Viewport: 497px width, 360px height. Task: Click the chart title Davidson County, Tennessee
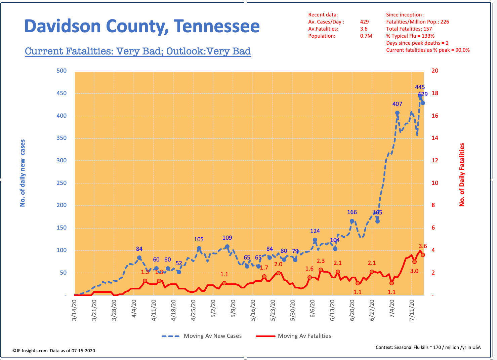point(142,27)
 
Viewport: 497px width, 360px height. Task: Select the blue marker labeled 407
point(397,113)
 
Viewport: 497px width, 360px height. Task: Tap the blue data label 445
point(420,87)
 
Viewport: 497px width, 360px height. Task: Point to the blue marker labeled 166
point(352,221)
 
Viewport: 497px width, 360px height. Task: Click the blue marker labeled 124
point(315,240)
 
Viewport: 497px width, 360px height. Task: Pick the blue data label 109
point(227,238)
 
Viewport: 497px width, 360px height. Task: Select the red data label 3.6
point(423,246)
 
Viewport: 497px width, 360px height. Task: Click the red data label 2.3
point(321,261)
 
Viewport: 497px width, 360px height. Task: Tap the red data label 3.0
point(414,271)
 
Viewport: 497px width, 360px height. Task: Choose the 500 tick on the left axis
point(61,71)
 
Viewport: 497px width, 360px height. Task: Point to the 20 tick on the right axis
point(435,71)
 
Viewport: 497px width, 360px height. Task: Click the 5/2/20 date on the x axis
point(213,309)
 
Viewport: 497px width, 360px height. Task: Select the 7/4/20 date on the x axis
point(392,309)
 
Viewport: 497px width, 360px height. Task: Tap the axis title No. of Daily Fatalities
point(462,174)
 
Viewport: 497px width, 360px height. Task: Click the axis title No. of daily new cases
point(23,173)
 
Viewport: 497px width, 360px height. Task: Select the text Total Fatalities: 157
point(409,29)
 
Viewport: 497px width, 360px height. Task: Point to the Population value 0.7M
point(366,36)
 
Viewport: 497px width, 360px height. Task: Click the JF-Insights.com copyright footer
point(54,351)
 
